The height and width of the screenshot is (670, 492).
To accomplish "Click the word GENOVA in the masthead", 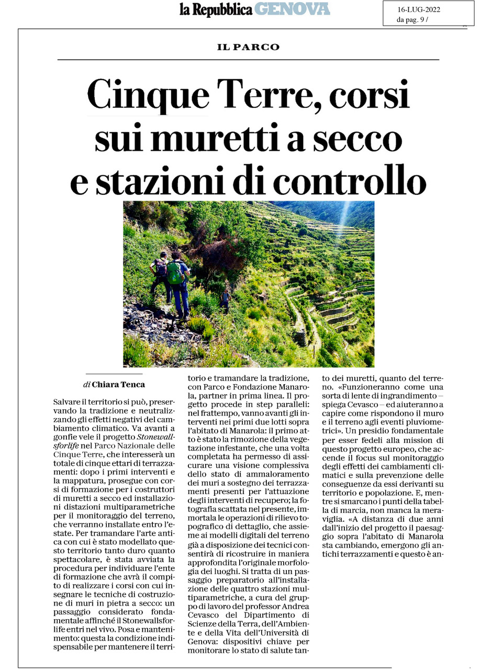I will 292,9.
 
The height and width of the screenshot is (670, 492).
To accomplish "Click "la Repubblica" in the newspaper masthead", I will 216,9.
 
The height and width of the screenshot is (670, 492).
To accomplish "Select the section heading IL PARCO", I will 248,47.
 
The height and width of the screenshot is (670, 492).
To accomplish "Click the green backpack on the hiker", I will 175,273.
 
